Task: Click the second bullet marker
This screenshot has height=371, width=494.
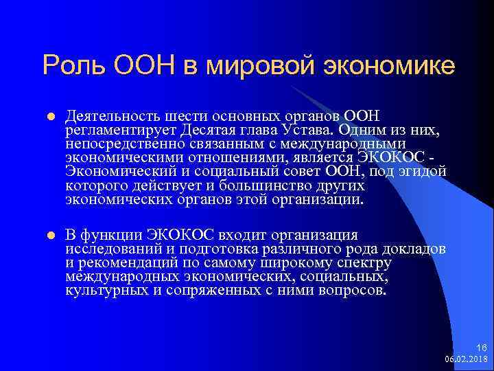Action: pos(49,236)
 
